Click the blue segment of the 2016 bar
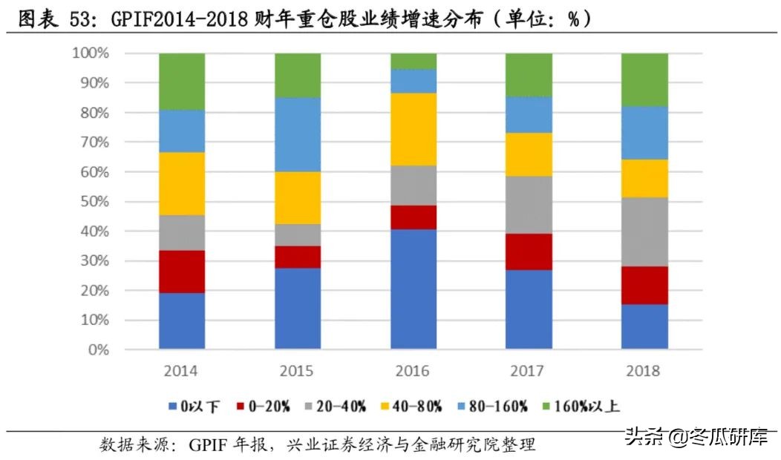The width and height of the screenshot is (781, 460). point(414,289)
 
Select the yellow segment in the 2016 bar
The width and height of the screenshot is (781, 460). point(414,129)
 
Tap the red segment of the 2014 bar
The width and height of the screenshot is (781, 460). point(182,272)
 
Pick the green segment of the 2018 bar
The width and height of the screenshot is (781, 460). point(644,79)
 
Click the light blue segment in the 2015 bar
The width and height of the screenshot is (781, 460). point(298,134)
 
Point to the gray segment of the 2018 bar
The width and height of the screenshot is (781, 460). point(644,231)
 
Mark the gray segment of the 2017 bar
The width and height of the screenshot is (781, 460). point(529,205)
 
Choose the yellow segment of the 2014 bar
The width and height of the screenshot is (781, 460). point(182,183)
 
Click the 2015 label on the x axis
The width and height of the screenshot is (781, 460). point(298,370)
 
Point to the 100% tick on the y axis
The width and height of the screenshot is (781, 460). point(90,53)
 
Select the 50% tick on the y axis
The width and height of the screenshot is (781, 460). point(94,202)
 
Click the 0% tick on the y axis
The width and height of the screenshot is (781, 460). point(97,349)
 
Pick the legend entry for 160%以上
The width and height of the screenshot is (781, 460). point(582,406)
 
